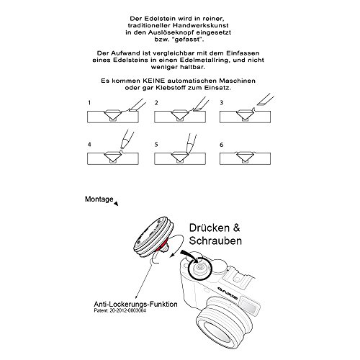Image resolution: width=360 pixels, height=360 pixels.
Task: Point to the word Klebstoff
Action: point(171,88)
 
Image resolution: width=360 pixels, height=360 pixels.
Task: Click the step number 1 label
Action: point(89,103)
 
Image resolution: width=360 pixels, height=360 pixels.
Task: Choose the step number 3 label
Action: point(222,103)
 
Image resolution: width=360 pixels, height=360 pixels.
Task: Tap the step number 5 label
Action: point(156,145)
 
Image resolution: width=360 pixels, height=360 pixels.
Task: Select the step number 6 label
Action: point(222,145)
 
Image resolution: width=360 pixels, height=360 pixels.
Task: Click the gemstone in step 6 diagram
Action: point(245,156)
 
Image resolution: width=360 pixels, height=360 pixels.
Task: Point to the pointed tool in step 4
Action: point(127,140)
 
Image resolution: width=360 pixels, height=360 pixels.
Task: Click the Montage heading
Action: point(99,199)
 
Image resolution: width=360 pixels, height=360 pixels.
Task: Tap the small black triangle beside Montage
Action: point(117,204)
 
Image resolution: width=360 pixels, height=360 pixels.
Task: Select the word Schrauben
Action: point(215,240)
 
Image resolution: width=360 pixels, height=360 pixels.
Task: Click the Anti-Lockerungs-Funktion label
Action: point(136,304)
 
